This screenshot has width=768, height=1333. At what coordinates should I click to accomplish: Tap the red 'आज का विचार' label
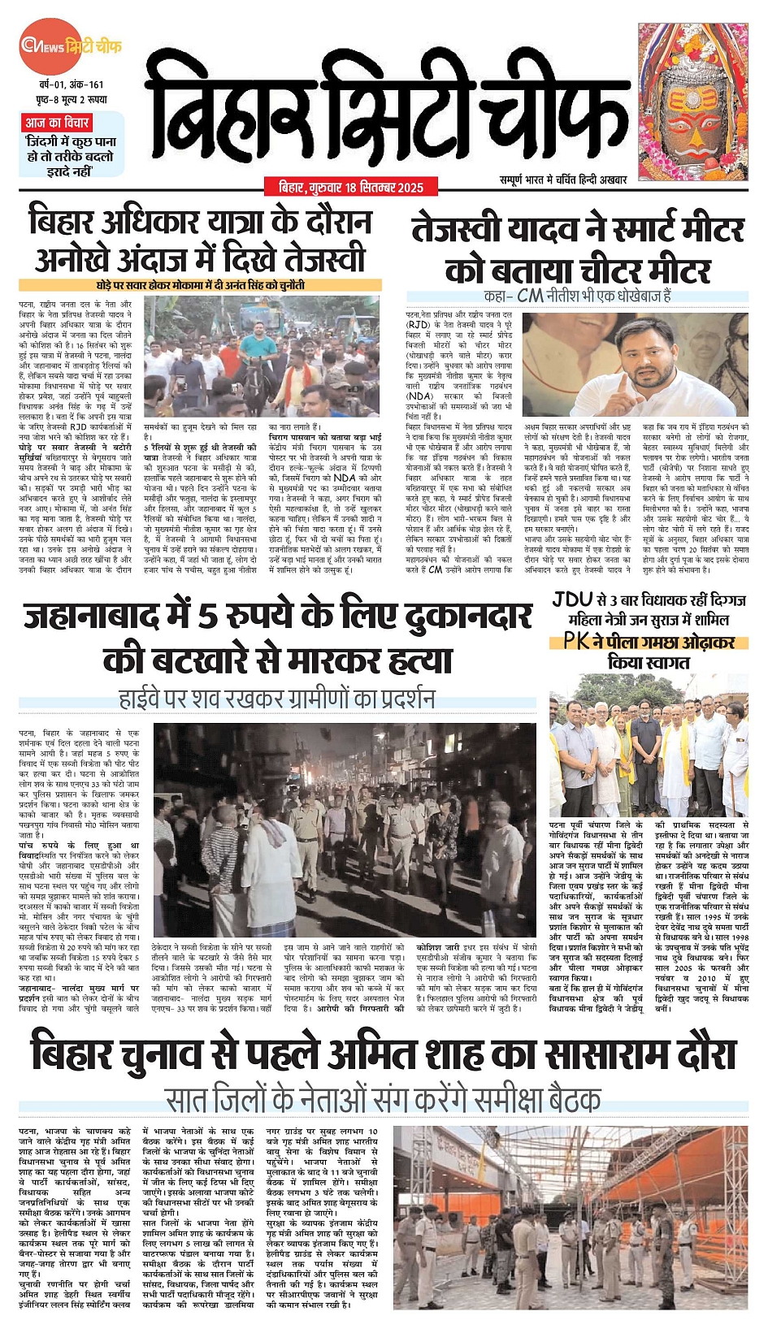[x=56, y=123]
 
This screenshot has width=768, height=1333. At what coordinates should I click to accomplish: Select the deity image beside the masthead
[x=692, y=102]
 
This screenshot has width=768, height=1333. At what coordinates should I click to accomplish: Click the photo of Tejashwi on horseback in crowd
[x=261, y=356]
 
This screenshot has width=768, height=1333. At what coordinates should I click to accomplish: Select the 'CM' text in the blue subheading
[x=530, y=296]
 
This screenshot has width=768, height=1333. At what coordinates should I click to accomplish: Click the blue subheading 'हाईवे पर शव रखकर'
[x=276, y=699]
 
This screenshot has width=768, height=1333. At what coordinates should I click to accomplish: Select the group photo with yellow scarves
[x=648, y=752]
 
